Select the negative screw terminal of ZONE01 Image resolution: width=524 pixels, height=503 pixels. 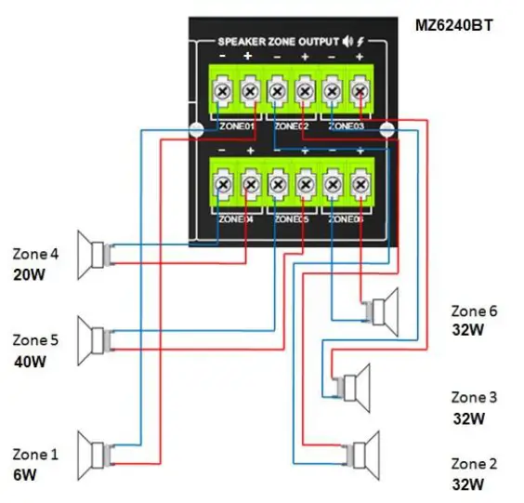(x=223, y=91)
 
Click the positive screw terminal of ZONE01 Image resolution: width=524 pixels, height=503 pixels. (x=249, y=91)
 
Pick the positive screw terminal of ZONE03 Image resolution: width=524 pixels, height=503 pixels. (x=359, y=91)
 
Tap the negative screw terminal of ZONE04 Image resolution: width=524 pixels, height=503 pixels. (x=223, y=186)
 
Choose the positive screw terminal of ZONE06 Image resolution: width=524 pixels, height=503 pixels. (x=359, y=186)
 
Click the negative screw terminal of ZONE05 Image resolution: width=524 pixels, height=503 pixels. (x=277, y=186)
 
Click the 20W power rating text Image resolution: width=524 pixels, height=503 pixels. (x=29, y=275)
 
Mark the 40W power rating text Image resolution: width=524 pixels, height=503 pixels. (x=29, y=361)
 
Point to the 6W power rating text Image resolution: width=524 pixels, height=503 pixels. (x=25, y=475)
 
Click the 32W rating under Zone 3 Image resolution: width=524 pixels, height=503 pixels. (x=468, y=418)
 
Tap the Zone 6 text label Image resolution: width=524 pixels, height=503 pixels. (x=474, y=311)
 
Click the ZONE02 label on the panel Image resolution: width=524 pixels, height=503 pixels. (x=291, y=125)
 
